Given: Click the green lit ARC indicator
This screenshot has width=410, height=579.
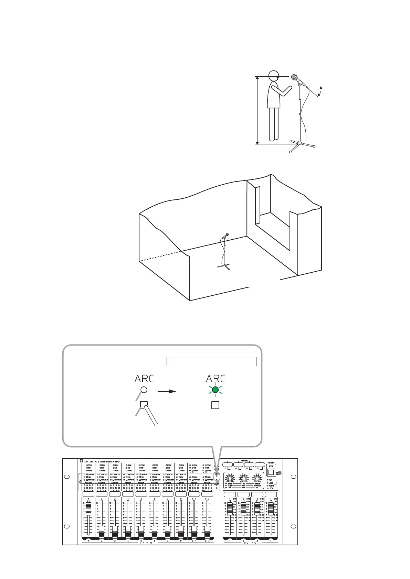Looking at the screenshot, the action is point(215,390).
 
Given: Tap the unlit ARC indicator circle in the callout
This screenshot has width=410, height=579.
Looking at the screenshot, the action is point(144,390).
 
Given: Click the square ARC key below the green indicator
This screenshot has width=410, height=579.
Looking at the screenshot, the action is point(215,405).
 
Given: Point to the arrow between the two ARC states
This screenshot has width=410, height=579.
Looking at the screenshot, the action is point(167,392).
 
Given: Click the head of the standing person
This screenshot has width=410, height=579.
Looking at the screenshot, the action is point(273,76).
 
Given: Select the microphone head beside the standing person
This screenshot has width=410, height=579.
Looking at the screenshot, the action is point(295,77).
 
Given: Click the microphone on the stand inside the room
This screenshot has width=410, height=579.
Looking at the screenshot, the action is point(227,236).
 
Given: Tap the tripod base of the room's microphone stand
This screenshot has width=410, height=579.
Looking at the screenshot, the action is point(224,266).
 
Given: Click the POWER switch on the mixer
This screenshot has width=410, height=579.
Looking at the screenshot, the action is point(271,472).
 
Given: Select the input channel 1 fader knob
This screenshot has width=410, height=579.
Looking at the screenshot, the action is point(88,509).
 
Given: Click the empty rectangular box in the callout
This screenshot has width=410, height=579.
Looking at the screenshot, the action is point(211,361).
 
